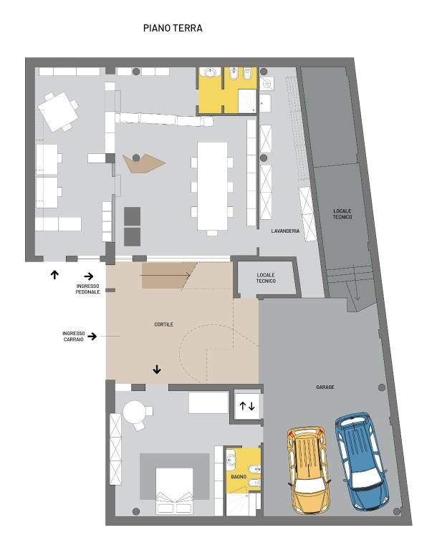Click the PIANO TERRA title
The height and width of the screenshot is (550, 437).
coord(173,28)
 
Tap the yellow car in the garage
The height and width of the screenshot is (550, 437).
coord(309,469)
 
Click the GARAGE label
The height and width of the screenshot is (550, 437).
coord(325,387)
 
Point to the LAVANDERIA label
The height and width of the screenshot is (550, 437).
coord(285,231)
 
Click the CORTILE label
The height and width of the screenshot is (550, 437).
coord(163,324)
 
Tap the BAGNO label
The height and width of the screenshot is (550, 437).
coord(239,477)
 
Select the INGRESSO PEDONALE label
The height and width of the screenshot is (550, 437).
coord(87,289)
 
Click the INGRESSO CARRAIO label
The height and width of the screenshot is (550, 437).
coord(74,337)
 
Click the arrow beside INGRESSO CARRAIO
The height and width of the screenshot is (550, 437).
coord(92,337)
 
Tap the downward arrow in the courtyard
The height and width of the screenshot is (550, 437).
coord(157,369)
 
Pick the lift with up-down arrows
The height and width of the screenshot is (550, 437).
coord(247,406)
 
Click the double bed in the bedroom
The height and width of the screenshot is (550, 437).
coord(174,491)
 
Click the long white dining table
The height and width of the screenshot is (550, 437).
coord(212,186)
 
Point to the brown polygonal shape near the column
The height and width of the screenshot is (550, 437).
coord(143,163)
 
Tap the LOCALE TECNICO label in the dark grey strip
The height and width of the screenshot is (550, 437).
coord(342,214)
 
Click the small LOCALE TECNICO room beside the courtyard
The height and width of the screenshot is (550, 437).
coord(266,278)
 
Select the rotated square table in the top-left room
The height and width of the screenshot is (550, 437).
coord(58,112)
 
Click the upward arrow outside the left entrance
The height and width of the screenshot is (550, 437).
coord(54,274)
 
